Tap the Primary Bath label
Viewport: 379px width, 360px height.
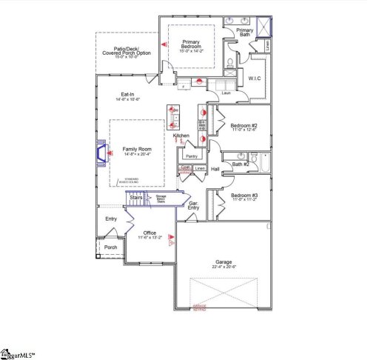click(x=244, y=33)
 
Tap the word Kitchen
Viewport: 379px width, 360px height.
click(x=182, y=136)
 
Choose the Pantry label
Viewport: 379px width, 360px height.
click(x=191, y=156)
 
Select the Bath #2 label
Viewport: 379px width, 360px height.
click(x=238, y=164)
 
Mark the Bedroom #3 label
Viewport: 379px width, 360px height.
click(x=243, y=196)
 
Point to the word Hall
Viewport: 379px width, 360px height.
click(x=215, y=170)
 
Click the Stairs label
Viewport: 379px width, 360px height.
click(x=136, y=198)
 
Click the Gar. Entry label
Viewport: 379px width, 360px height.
click(x=193, y=205)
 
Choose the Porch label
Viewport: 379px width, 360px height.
click(x=110, y=247)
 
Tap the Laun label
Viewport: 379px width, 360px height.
click(x=226, y=93)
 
